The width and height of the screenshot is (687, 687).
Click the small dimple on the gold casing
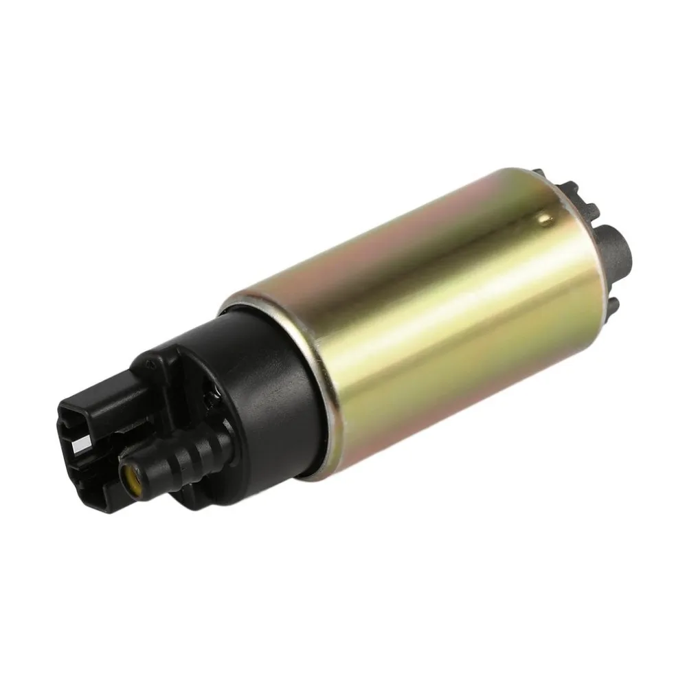[545, 219]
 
